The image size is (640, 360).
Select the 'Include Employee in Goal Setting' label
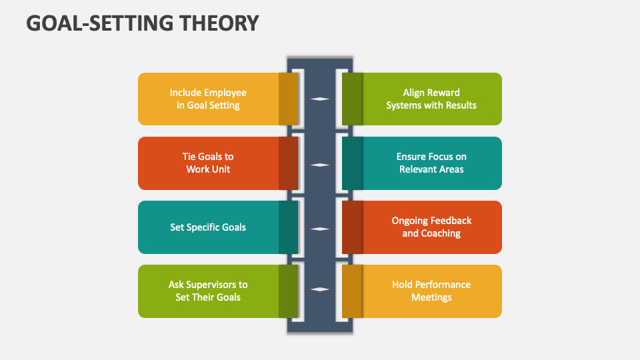pyautogui.click(x=208, y=99)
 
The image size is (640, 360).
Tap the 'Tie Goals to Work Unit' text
pyautogui.click(x=208, y=163)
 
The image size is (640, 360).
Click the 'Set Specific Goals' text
pyautogui.click(x=208, y=227)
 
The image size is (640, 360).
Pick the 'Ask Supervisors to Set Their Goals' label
pyautogui.click(x=208, y=291)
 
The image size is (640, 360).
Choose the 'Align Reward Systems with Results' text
pyautogui.click(x=431, y=99)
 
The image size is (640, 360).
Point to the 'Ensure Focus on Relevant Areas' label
pyautogui.click(x=431, y=163)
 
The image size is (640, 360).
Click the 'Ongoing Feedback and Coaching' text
pyautogui.click(x=431, y=227)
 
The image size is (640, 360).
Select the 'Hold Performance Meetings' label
pyautogui.click(x=431, y=291)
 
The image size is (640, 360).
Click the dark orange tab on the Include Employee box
pyautogui.click(x=288, y=99)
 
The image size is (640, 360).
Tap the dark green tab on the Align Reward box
pyautogui.click(x=352, y=99)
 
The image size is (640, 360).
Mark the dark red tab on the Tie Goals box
pyautogui.click(x=288, y=163)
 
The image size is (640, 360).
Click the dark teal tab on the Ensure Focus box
pyautogui.click(x=352, y=163)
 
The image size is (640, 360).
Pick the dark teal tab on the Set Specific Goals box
pyautogui.click(x=288, y=227)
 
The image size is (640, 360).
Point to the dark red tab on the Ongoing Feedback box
pyautogui.click(x=352, y=227)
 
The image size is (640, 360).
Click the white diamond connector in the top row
pyautogui.click(x=320, y=99)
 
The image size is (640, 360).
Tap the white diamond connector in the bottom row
pyautogui.click(x=320, y=289)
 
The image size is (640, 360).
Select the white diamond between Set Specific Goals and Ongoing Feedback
pyautogui.click(x=320, y=229)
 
